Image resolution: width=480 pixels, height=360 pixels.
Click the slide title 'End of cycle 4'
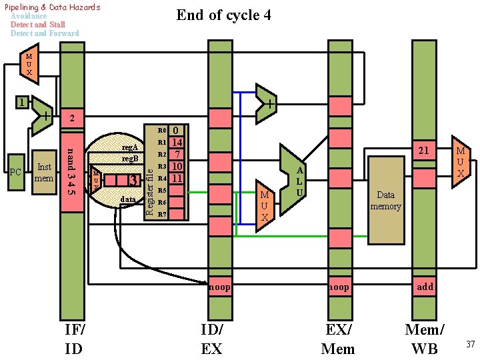tap(223, 15)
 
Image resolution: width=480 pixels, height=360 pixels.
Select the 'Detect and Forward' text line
tap(45, 33)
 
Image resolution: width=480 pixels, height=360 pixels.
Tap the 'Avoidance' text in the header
tap(29, 16)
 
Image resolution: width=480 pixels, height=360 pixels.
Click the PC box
tap(17, 172)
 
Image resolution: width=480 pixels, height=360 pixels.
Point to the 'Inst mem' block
tap(45, 173)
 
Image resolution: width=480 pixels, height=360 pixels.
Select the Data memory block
tap(386, 201)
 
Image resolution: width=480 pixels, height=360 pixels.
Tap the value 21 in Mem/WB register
tap(423, 151)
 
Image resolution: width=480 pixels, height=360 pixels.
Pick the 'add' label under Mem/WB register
tap(425, 287)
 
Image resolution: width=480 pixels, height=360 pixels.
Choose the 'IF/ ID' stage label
tap(74, 339)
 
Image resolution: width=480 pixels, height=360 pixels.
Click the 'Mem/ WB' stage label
tap(425, 339)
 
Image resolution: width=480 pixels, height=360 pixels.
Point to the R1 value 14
tap(177, 143)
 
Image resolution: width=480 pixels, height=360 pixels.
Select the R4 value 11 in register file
tap(177, 179)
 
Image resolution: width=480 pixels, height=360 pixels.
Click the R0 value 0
tap(176, 131)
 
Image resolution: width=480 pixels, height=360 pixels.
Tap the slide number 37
tap(469, 344)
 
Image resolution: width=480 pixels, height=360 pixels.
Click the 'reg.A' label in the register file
tap(129, 147)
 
